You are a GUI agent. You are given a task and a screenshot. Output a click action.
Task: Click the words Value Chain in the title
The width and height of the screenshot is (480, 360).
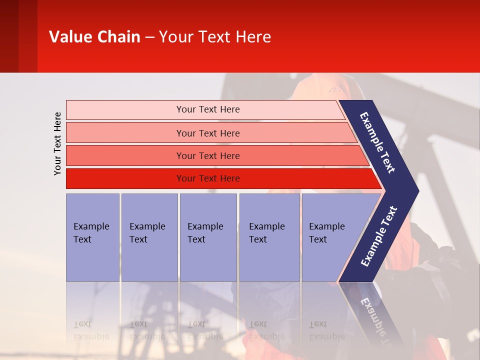click(94, 37)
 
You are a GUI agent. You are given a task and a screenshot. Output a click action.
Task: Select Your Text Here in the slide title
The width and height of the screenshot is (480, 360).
click(215, 37)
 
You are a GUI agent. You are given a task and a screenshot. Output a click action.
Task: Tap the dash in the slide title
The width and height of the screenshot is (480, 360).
click(149, 37)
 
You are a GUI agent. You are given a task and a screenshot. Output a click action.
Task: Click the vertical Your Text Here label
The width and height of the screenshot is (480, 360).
click(57, 143)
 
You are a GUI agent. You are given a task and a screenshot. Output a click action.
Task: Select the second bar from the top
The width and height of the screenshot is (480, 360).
click(207, 133)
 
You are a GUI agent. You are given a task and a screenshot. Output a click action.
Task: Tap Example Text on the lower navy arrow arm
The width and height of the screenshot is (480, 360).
click(379, 236)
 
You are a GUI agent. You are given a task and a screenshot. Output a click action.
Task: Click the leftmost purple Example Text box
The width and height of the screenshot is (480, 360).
click(92, 237)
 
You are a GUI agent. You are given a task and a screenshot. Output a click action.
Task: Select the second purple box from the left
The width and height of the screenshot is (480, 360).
click(149, 237)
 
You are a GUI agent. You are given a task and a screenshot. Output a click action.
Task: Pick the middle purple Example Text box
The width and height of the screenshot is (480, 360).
click(208, 237)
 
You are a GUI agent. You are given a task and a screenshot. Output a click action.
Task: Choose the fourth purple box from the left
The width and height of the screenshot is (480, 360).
click(269, 237)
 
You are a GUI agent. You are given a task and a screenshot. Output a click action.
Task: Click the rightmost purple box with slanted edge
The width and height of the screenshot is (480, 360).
click(330, 237)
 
